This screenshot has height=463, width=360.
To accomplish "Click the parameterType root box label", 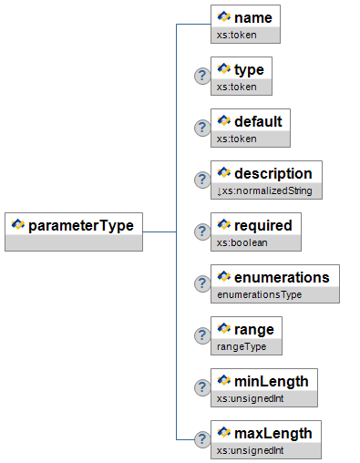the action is [81, 226].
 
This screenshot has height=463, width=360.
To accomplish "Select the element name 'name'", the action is [253, 17].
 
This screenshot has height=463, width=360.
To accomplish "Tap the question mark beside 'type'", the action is [202, 76].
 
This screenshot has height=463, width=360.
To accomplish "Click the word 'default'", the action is [258, 121].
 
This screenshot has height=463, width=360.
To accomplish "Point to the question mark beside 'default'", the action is [202, 128].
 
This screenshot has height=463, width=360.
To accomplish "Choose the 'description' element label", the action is [273, 174].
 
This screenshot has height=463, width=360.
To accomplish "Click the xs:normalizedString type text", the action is [264, 190].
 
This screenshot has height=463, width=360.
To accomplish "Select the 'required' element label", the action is [263, 226].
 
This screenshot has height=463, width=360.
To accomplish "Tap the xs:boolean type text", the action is [242, 242].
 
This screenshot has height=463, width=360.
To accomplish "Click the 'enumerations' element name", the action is [282, 278].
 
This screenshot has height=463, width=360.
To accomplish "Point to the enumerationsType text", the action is [259, 294].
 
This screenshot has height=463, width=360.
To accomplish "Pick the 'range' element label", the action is [254, 330].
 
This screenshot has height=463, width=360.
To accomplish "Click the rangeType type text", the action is [242, 346].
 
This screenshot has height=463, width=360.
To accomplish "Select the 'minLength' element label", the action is [272, 382].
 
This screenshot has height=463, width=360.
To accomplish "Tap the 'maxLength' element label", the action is [273, 434].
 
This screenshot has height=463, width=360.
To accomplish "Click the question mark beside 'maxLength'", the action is [202, 439].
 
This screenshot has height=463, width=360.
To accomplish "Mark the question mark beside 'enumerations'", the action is [202, 283].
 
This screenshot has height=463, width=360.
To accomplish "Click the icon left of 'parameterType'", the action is [18, 224].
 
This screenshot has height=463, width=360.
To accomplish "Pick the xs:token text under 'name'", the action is [236, 35].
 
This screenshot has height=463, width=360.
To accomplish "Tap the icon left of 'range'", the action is [224, 328].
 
